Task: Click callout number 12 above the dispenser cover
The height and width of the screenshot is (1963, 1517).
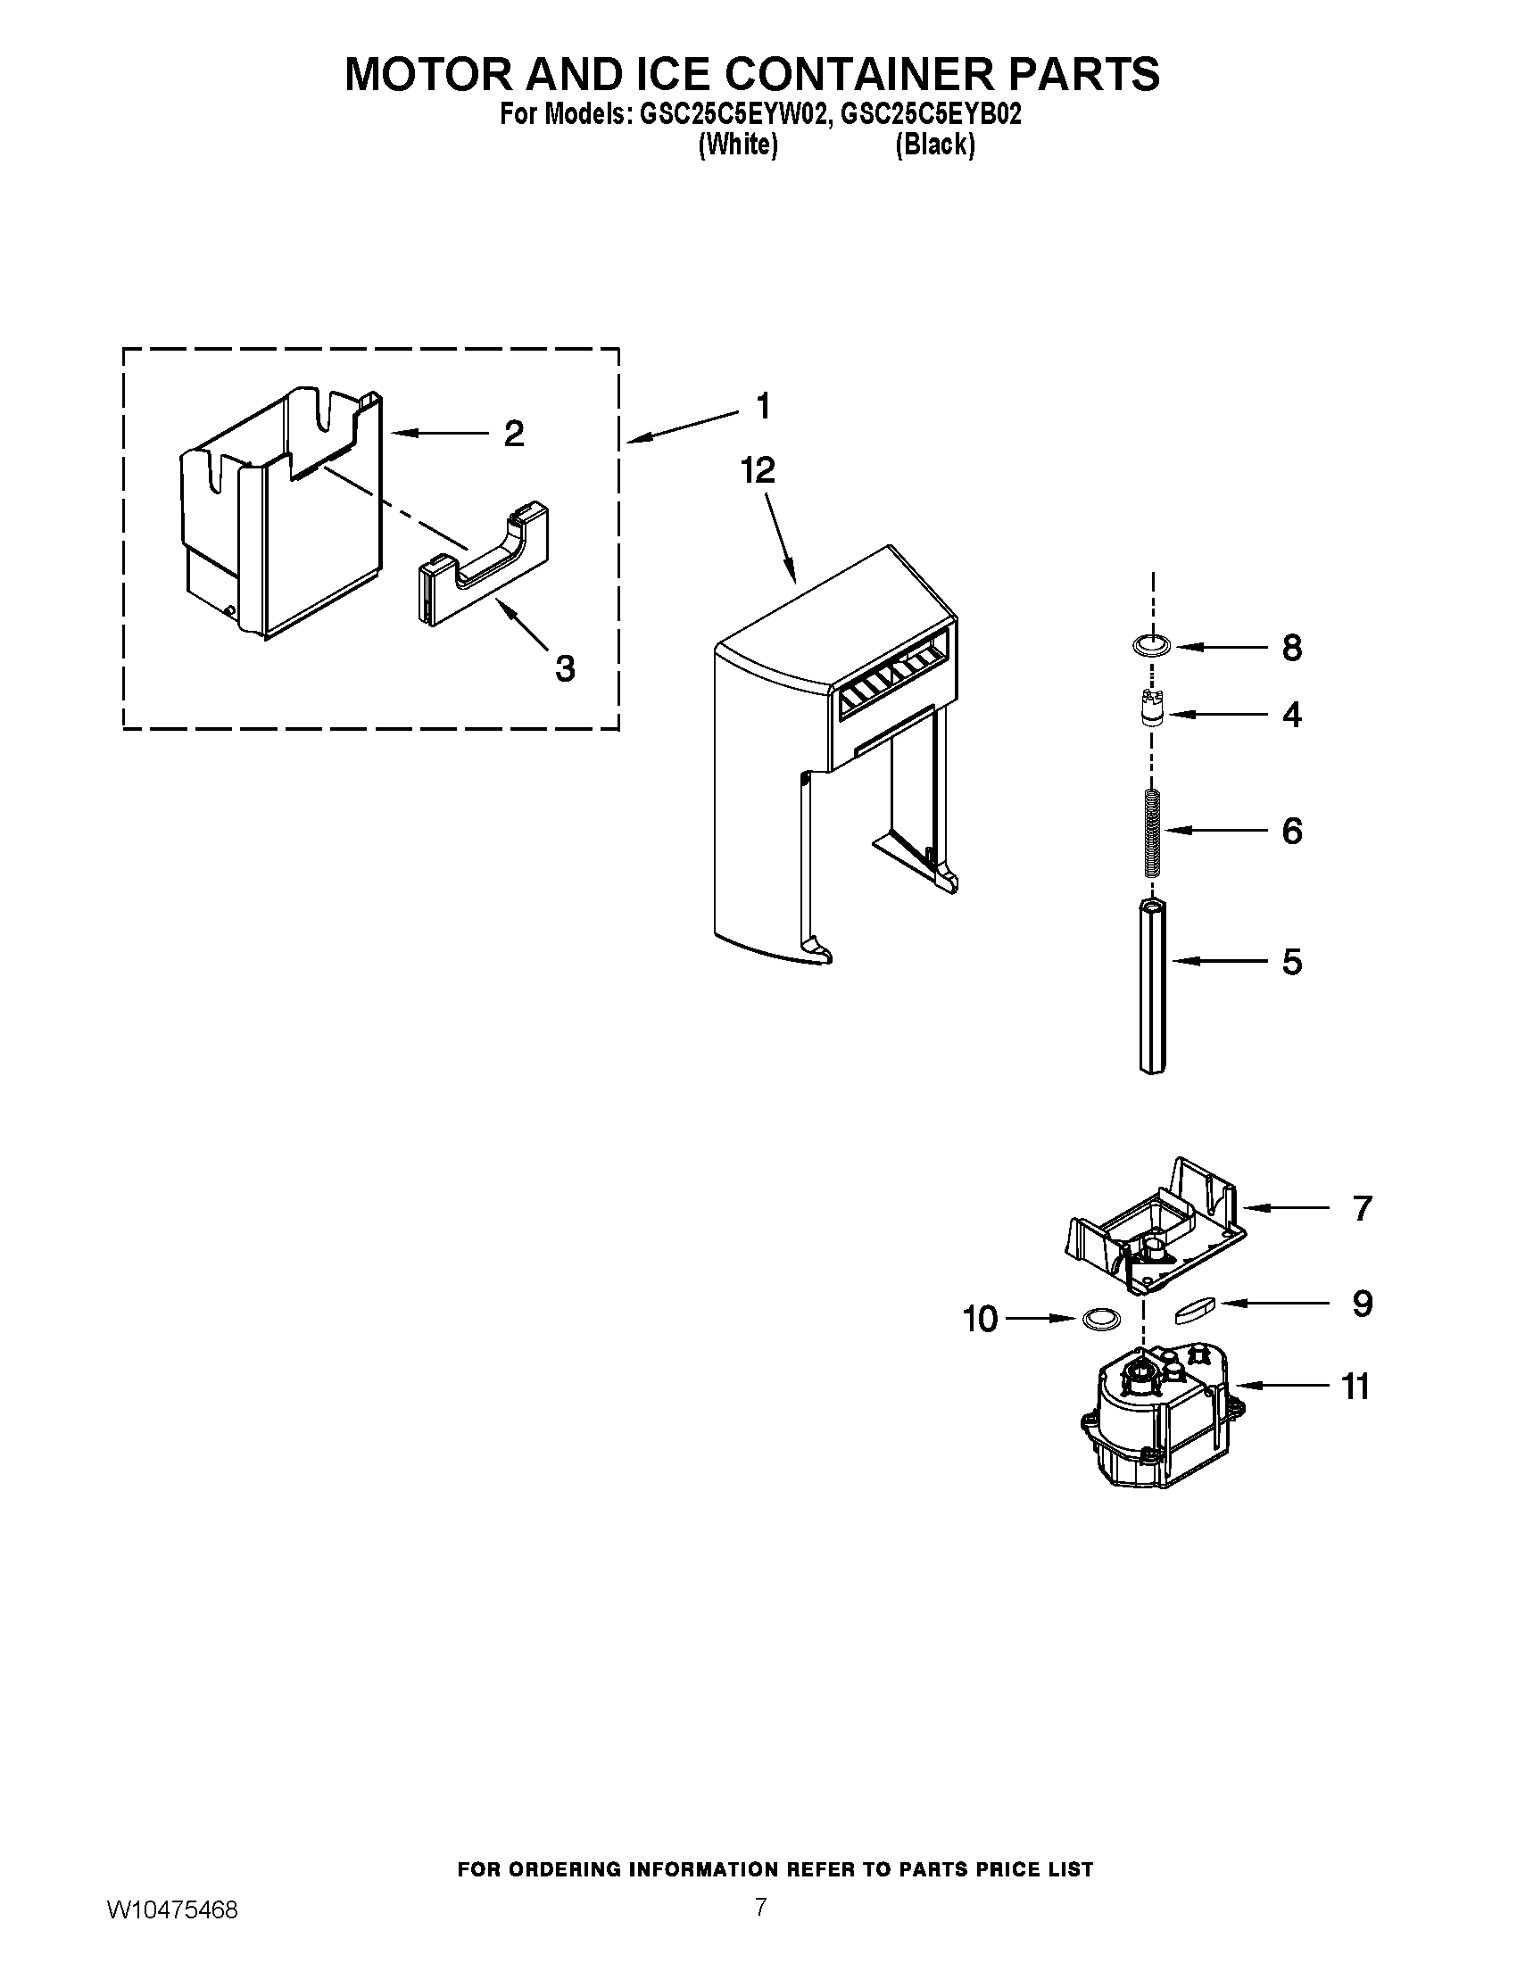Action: click(x=758, y=470)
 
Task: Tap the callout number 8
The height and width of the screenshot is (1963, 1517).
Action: click(x=1291, y=648)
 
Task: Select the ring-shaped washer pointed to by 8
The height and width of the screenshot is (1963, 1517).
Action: click(x=1151, y=644)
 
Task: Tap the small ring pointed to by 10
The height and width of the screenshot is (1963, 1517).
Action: click(x=1100, y=1319)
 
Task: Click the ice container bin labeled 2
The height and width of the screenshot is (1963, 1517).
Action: click(x=278, y=512)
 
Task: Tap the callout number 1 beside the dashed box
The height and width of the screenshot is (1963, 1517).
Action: click(x=763, y=406)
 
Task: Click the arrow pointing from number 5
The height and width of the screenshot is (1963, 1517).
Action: click(x=1218, y=962)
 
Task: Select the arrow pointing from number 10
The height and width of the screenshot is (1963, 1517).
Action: click(x=1040, y=1319)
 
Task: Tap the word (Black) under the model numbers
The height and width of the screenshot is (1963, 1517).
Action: click(x=934, y=145)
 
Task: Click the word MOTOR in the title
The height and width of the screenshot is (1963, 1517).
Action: click(x=428, y=74)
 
